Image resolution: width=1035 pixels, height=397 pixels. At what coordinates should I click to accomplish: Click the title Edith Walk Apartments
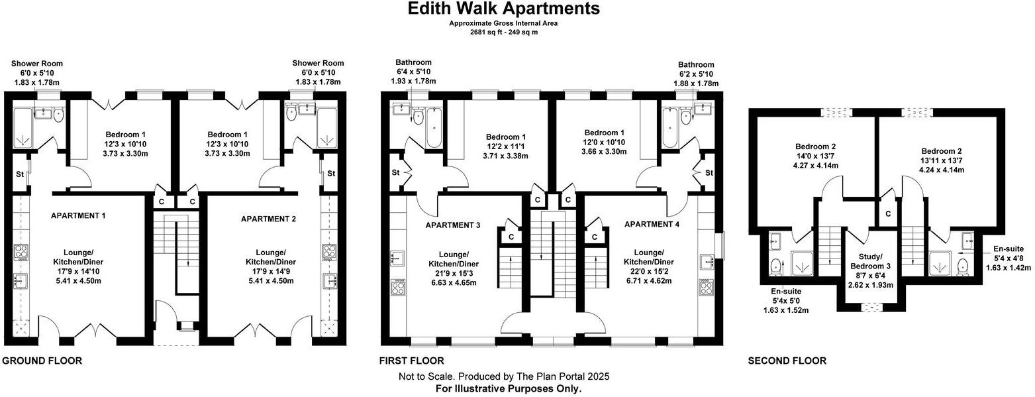click(503, 9)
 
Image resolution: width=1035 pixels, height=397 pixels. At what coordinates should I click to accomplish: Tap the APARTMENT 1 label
click(78, 215)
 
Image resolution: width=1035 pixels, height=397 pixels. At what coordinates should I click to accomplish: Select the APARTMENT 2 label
click(268, 219)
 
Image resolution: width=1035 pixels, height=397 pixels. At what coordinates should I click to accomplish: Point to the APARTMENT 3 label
click(452, 225)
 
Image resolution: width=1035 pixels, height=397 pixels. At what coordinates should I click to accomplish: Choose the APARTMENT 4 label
click(652, 224)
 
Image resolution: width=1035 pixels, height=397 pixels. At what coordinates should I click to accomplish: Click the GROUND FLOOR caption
click(42, 361)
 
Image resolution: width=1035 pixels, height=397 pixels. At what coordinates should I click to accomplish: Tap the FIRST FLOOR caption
click(411, 361)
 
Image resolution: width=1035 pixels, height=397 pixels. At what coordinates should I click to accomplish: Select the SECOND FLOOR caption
click(787, 361)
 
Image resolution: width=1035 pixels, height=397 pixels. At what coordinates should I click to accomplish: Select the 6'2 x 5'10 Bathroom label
click(695, 74)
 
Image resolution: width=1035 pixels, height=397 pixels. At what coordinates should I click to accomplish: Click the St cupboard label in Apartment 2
click(331, 174)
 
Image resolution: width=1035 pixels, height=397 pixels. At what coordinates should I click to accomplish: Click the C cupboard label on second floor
click(887, 214)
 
